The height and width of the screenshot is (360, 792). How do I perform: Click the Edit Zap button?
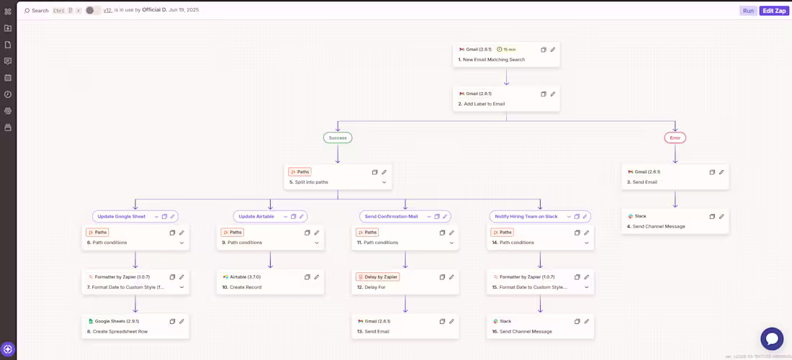tap(774, 11)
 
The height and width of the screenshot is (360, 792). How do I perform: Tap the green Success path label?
tap(338, 138)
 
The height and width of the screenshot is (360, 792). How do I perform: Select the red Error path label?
tap(675, 138)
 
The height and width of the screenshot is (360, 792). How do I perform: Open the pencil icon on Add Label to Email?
tap(553, 94)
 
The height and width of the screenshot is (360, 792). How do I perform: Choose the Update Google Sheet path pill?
tap(122, 216)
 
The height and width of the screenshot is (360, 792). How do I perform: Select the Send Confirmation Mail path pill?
tap(392, 216)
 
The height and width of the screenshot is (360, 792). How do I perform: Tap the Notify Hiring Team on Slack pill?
tap(526, 216)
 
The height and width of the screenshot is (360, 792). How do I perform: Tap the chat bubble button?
tap(772, 338)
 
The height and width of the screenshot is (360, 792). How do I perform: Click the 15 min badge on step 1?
tap(507, 50)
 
